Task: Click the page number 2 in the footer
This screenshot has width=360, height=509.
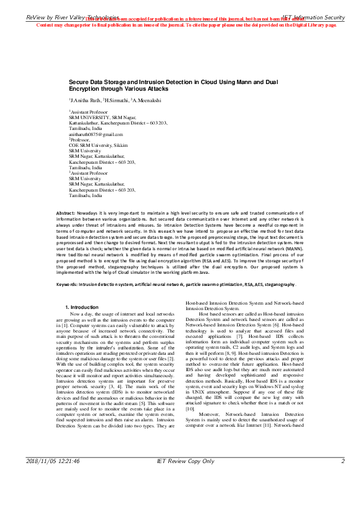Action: tap(342, 495)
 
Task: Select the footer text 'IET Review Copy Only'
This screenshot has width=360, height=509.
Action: tap(185, 495)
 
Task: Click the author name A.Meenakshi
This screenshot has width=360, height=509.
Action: tap(147, 99)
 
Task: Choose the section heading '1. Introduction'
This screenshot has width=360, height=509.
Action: tap(85, 308)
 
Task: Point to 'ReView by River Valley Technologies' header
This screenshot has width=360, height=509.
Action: tap(73, 19)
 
